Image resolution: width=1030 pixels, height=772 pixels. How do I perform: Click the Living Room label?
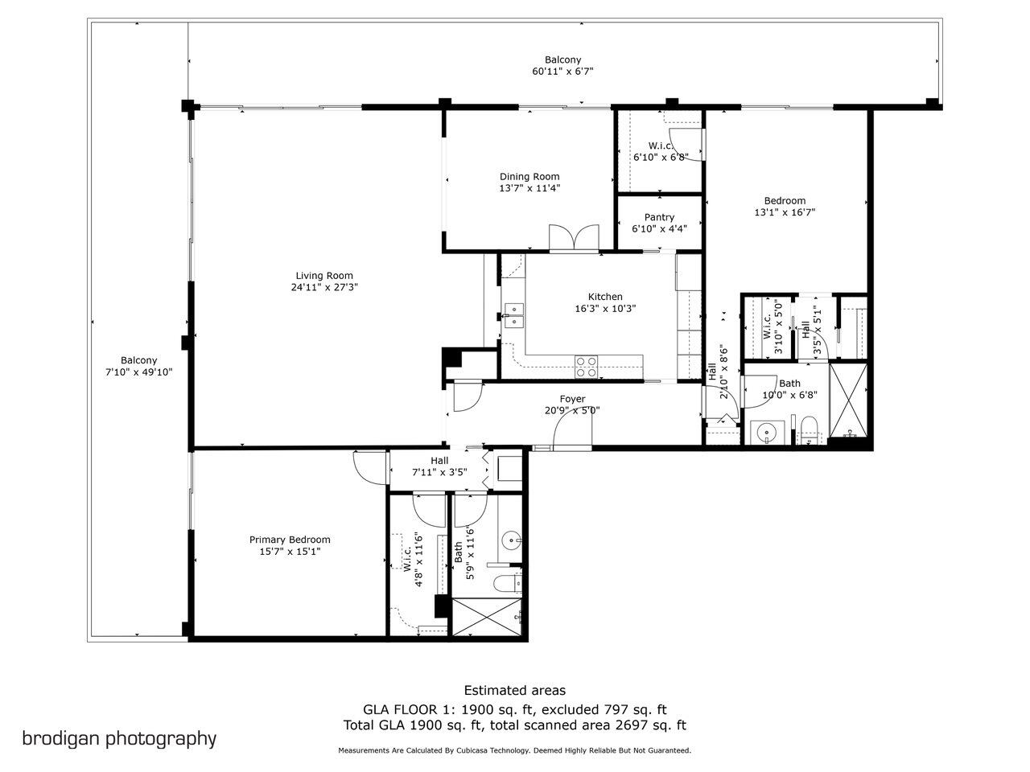(x=323, y=276)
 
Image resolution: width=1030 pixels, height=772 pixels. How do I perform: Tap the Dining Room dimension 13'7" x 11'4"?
(x=529, y=188)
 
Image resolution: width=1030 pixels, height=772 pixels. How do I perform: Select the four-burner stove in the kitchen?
(x=587, y=367)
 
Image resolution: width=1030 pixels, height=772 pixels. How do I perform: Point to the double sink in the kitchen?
(x=513, y=315)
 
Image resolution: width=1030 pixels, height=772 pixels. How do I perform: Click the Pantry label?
(x=659, y=217)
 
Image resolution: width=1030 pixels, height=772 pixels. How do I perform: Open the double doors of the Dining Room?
(x=574, y=239)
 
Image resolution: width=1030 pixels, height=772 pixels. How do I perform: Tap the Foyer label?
(x=572, y=399)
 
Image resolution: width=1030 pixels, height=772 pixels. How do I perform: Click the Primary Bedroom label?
(x=290, y=540)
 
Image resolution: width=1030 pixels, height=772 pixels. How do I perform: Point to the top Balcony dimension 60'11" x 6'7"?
(x=562, y=71)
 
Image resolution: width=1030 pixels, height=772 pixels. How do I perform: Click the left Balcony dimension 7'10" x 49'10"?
(x=138, y=372)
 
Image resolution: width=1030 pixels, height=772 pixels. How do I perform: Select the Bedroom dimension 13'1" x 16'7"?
(x=785, y=212)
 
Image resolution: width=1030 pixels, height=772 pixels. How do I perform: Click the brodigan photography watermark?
(x=119, y=737)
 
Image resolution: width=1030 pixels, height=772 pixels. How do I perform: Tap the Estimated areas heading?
(x=514, y=690)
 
